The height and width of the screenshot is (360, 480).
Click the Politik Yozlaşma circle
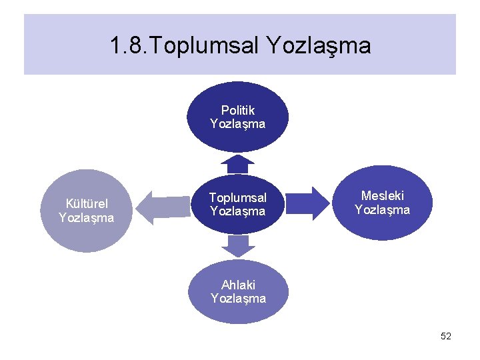coord(238,117)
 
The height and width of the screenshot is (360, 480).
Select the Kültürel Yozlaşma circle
coord(86,211)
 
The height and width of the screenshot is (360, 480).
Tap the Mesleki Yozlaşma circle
coord(382,203)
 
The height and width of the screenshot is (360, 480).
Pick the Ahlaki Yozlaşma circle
coord(238,292)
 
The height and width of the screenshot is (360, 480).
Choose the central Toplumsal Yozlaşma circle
coord(238,204)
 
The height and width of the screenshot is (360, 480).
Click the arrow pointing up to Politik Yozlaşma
coord(238,164)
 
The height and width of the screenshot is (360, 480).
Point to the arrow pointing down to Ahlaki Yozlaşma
coord(238,245)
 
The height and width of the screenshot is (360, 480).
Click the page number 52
coord(446,337)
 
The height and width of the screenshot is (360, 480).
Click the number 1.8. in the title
coord(131,46)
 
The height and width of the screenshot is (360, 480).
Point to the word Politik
coord(238,110)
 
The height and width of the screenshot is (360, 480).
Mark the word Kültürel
coord(87,203)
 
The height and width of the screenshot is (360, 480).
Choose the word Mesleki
coord(383,195)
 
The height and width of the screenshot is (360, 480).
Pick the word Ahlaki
coord(238,285)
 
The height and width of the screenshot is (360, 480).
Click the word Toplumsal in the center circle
coord(238,197)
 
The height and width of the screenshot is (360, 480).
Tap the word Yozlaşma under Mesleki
coord(383,210)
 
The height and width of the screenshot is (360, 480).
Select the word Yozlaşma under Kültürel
coord(87,218)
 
